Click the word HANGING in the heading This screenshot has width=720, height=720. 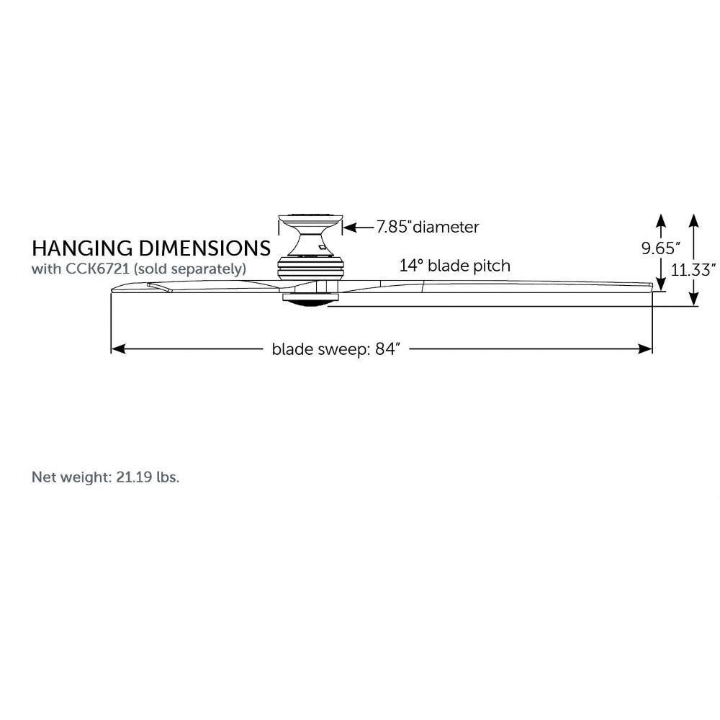pyautogui.click(x=82, y=248)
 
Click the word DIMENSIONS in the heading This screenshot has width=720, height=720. pyautogui.click(x=204, y=248)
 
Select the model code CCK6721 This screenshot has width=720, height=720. pyautogui.click(x=97, y=269)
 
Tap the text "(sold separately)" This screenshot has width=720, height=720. pyautogui.click(x=189, y=269)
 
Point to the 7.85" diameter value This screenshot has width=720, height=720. pyautogui.click(x=393, y=227)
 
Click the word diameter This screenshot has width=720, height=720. pyautogui.click(x=446, y=227)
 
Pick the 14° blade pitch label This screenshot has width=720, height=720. pyautogui.click(x=454, y=266)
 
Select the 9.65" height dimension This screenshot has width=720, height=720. pyautogui.click(x=660, y=248)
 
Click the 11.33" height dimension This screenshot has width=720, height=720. pyautogui.click(x=693, y=270)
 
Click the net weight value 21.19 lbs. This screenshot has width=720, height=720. pyautogui.click(x=148, y=477)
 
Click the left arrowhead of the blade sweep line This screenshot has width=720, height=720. pyautogui.click(x=118, y=349)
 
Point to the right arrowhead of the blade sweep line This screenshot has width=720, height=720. pyautogui.click(x=645, y=349)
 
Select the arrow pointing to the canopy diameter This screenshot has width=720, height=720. pyautogui.click(x=359, y=228)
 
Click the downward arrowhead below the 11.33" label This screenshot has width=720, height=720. pyautogui.click(x=694, y=299)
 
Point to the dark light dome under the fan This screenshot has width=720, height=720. pyautogui.click(x=310, y=302)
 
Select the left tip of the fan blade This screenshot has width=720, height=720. pyautogui.click(x=112, y=289)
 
